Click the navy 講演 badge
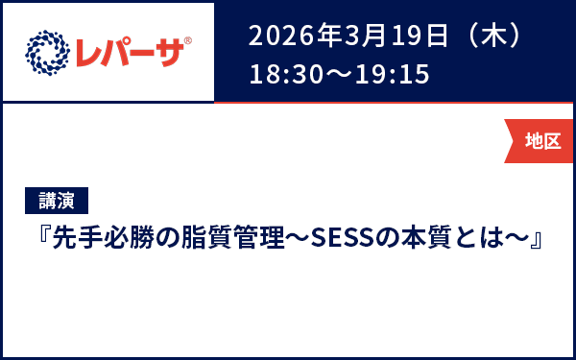pyautogui.click(x=56, y=201)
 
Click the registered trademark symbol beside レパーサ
pyautogui.click(x=188, y=41)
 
